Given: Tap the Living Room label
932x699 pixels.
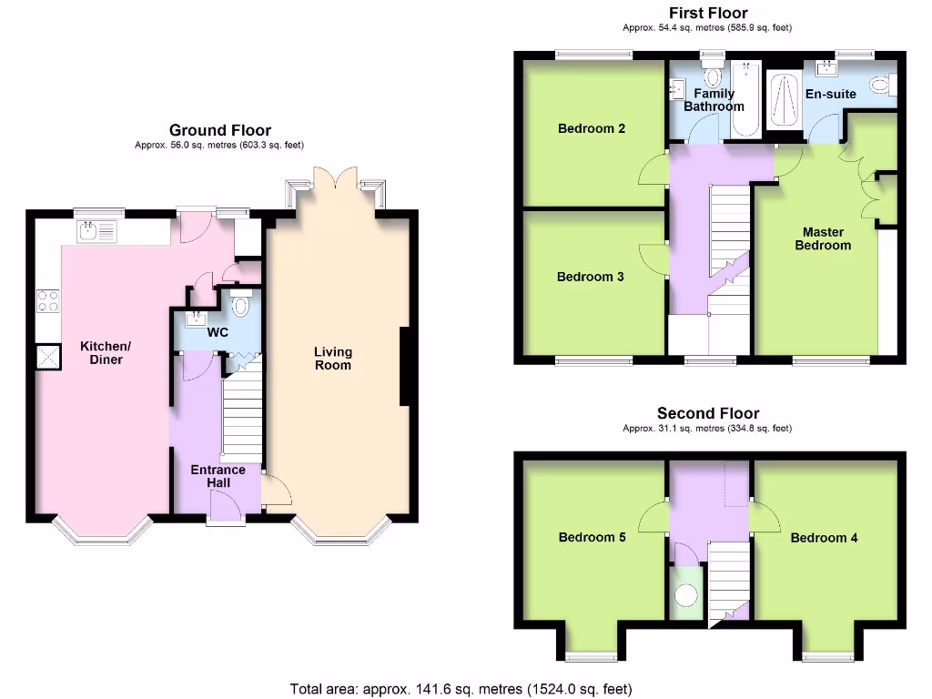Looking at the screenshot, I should (333, 358).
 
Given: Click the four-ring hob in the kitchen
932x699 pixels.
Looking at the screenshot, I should (47, 300).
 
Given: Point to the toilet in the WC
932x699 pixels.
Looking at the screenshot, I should (240, 307).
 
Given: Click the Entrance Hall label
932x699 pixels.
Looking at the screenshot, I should (218, 475).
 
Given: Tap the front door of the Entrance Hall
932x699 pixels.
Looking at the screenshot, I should (226, 507).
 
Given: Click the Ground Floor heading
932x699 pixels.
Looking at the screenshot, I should (219, 131).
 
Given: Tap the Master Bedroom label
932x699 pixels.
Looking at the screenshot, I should (823, 238).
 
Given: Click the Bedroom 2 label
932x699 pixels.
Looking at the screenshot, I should (591, 128).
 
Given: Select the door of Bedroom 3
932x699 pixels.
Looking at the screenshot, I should (653, 258).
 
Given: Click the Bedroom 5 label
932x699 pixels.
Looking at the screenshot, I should (592, 537).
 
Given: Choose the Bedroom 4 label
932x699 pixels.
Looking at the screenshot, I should (824, 538).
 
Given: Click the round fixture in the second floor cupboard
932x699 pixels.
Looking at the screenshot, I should (685, 595).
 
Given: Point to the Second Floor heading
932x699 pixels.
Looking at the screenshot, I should (707, 413).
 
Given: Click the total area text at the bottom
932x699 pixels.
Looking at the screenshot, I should (461, 689).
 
